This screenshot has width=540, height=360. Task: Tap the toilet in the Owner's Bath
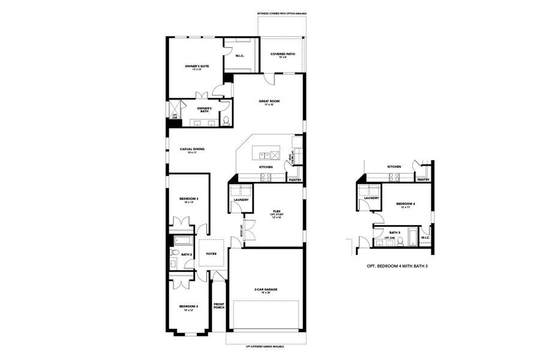226,121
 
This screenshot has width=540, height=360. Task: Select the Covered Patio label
282,55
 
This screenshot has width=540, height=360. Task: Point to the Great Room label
269,102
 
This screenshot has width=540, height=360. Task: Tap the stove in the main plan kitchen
265,176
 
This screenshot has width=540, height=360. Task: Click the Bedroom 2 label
188,200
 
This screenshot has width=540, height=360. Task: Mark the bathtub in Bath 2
182,241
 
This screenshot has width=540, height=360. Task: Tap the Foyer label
211,254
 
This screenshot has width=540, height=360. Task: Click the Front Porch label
218,305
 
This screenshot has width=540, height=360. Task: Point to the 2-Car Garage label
265,290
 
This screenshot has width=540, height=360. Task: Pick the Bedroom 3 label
188,308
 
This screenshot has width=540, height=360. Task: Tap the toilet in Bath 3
400,242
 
